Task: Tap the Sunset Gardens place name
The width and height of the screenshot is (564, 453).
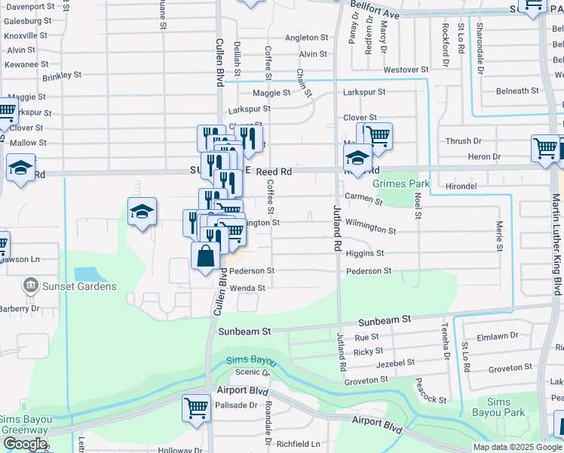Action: point(79,286)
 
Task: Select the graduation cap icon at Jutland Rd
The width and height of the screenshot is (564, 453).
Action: point(357,159)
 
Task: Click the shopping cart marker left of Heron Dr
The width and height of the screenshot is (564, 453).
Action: point(545,147)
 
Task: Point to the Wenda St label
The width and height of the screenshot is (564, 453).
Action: point(247,288)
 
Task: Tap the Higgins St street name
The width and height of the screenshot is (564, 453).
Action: point(365,254)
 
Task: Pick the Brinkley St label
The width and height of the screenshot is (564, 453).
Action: point(62,76)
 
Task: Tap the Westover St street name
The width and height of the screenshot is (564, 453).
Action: point(400,69)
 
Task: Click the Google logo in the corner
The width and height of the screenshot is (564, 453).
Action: point(25,444)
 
